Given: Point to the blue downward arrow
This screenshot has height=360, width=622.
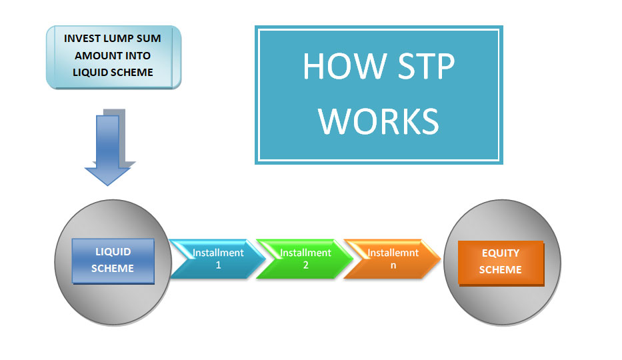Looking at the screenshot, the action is click(x=107, y=150).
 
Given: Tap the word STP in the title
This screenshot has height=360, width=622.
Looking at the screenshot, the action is click(x=425, y=66).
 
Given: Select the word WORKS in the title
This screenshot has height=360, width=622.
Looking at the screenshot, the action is click(x=379, y=121).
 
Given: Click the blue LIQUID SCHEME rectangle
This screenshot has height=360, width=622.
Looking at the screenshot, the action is click(x=113, y=261).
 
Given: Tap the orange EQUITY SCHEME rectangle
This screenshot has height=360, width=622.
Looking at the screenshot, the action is click(x=501, y=263).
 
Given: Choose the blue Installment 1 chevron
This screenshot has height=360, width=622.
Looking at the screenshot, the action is click(x=217, y=259).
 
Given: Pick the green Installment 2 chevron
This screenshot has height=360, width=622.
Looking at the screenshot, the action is click(x=305, y=259).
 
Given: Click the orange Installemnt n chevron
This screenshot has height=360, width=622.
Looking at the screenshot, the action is click(x=392, y=259).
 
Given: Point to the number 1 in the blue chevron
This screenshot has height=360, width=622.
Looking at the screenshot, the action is click(x=218, y=265).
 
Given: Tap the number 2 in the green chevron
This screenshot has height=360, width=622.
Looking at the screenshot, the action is click(x=306, y=265).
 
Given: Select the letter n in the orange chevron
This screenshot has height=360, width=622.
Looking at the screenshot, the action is click(x=393, y=266).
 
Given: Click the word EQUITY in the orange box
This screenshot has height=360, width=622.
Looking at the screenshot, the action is click(x=501, y=253).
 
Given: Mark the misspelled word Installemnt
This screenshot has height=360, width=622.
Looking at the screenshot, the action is click(x=393, y=253).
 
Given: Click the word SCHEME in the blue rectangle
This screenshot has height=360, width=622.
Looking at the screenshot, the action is click(x=113, y=269).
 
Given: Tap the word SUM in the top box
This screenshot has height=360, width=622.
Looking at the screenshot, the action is click(x=149, y=39).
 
